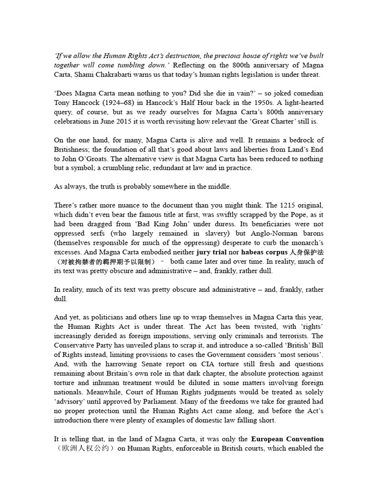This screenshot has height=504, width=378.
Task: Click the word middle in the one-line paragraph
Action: (x=217, y=187)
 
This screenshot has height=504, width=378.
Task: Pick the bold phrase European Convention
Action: (x=287, y=439)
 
